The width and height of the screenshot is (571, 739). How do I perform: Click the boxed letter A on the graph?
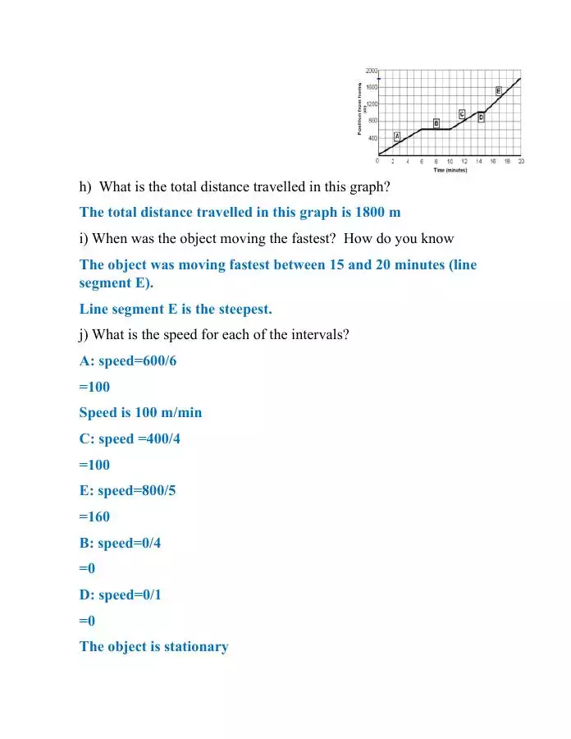(397, 136)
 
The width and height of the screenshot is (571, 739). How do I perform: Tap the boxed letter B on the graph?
(436, 122)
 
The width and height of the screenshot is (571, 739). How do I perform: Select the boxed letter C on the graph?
(462, 113)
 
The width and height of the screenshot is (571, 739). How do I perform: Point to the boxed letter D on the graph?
(481, 117)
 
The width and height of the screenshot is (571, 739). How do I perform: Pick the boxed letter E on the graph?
(499, 90)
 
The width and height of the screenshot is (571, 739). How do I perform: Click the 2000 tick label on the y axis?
(372, 70)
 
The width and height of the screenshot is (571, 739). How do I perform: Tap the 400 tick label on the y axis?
(372, 138)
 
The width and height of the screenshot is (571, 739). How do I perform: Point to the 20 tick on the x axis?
(521, 161)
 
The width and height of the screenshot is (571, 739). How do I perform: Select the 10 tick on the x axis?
(450, 161)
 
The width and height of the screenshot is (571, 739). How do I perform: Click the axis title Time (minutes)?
(450, 170)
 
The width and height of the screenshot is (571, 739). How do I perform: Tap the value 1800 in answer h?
(371, 212)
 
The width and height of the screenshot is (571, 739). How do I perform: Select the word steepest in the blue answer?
(241, 309)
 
